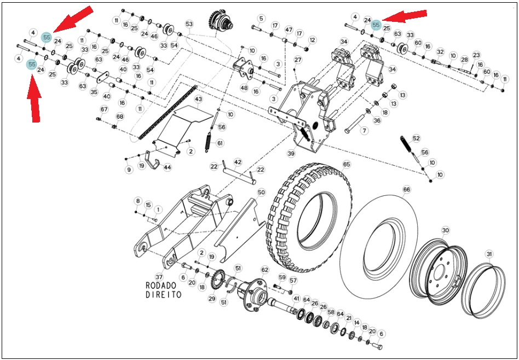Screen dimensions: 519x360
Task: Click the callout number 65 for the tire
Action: click(346, 165)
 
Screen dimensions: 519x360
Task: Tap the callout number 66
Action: click(406, 190)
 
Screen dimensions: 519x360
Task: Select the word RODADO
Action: click(161, 285)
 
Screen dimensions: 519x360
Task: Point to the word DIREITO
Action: click(164, 294)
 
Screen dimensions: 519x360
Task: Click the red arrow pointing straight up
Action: click(34, 98)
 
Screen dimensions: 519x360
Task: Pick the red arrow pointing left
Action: click(405, 16)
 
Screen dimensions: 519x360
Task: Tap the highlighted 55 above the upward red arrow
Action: click(32, 65)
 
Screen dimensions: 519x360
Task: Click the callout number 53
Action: click(189, 24)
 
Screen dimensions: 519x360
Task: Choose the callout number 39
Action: click(291, 153)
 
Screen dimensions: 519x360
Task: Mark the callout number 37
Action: click(159, 276)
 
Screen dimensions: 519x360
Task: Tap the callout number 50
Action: click(261, 193)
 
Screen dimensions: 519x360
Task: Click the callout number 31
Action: click(489, 254)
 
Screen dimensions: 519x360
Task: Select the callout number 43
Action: click(198, 99)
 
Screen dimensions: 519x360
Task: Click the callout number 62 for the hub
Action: click(265, 270)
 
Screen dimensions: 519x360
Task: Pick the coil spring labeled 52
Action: click(406, 143)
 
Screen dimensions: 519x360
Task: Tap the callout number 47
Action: click(289, 30)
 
